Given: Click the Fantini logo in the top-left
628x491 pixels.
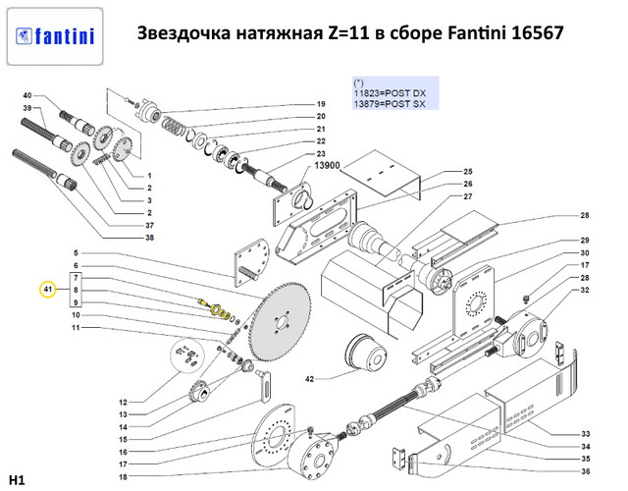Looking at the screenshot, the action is [55, 36].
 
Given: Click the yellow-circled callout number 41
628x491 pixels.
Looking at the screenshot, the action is [48, 290].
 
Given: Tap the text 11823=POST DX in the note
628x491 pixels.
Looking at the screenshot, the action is [390, 93].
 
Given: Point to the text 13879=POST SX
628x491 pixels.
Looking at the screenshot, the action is [390, 104].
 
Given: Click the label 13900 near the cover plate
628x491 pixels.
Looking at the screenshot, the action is [327, 165].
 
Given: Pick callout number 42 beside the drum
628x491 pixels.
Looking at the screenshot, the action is [310, 379].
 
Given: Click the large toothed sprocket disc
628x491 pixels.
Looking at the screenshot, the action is [280, 321].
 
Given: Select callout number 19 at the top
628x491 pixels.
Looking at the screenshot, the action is [321, 104].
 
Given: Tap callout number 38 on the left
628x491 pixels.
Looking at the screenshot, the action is [149, 238].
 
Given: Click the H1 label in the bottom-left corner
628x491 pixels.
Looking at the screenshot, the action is [17, 480].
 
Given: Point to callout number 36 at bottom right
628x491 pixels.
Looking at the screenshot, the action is [586, 471].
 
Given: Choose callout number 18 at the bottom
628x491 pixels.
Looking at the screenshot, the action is [123, 477].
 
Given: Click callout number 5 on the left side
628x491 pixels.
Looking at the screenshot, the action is [77, 253].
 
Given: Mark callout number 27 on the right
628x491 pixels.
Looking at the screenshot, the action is [468, 196].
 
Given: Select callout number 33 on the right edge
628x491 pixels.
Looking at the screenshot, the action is [586, 434].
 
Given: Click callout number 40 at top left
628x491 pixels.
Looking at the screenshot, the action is [27, 95].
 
